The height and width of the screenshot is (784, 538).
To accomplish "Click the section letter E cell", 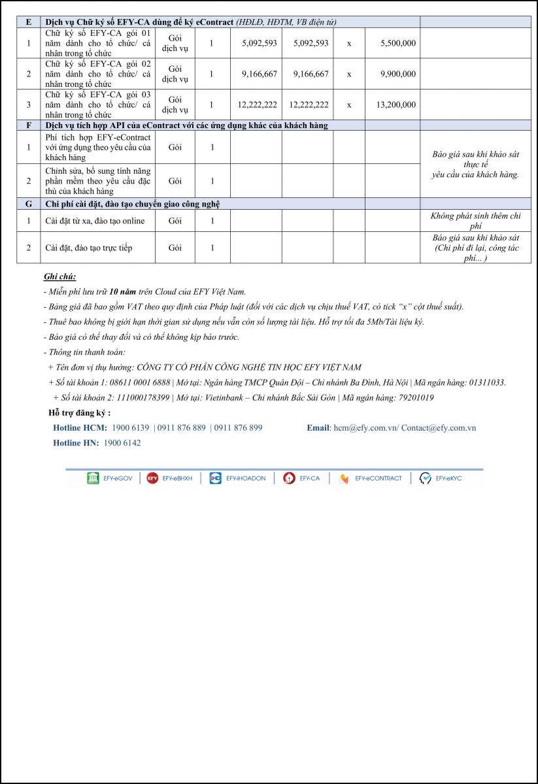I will pyautogui.click(x=28, y=22).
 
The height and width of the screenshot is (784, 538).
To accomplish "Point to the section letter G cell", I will pyautogui.click(x=28, y=204).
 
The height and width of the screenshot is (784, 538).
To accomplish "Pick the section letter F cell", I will pyautogui.click(x=28, y=125).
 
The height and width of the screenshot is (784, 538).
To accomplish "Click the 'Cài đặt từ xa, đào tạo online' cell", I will pyautogui.click(x=95, y=221).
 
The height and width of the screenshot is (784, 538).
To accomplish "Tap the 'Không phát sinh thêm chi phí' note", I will pyautogui.click(x=475, y=221).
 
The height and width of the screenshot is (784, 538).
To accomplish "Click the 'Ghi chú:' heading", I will pyautogui.click(x=59, y=277).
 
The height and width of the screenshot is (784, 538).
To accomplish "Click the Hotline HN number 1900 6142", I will pyautogui.click(x=122, y=443).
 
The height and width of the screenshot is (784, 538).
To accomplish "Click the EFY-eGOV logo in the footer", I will pyautogui.click(x=110, y=478).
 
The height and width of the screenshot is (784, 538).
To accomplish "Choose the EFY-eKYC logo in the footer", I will pyautogui.click(x=441, y=478).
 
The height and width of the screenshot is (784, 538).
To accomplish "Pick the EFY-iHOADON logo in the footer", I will pyautogui.click(x=238, y=478).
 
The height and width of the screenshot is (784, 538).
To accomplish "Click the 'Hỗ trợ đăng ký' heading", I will pyautogui.click(x=80, y=413).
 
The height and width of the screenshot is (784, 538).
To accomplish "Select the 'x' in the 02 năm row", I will pyautogui.click(x=349, y=74).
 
